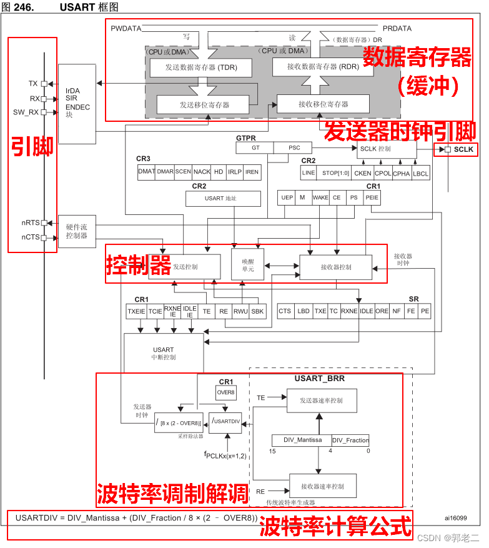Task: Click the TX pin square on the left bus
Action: pyautogui.click(x=44, y=83)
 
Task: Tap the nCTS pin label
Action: pyautogui.click(x=30, y=237)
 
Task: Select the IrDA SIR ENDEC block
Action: pyautogui.click(x=77, y=104)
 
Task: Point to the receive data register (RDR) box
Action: pyautogui.click(x=323, y=67)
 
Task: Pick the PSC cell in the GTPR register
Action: pyautogui.click(x=294, y=148)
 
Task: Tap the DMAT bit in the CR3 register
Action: pyautogui.click(x=146, y=172)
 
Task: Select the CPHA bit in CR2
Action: pyautogui.click(x=401, y=173)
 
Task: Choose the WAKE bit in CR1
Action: pyautogui.click(x=320, y=197)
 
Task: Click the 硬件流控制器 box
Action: pyautogui.click(x=77, y=231)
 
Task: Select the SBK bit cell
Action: pyautogui.click(x=257, y=311)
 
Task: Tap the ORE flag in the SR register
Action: pyautogui.click(x=382, y=311)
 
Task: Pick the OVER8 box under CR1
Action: pyautogui.click(x=225, y=392)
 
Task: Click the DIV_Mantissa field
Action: pyautogui.click(x=302, y=440)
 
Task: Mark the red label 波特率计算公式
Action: pyautogui.click(x=335, y=525)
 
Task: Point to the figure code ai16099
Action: pyautogui.click(x=457, y=517)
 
